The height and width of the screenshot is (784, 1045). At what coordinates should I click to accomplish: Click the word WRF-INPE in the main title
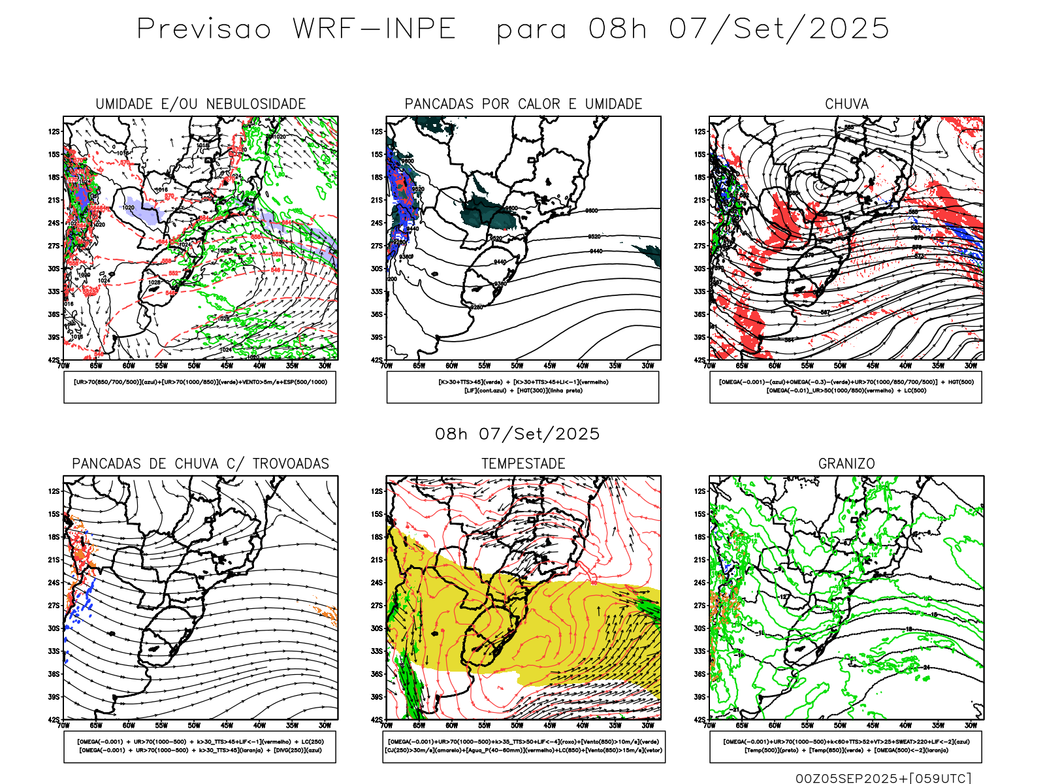374,29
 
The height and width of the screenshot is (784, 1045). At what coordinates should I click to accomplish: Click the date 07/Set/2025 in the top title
779,29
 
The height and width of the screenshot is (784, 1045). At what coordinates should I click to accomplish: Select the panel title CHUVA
846,104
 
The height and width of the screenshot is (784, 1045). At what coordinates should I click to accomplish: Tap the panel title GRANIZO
846,464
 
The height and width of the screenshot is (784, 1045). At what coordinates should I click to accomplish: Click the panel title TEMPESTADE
523,464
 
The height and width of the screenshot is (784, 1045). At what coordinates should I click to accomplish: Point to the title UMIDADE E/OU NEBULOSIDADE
201,104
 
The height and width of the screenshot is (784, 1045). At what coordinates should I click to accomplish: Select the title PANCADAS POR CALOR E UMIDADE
523,104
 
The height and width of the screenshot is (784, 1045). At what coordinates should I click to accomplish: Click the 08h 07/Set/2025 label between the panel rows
517,434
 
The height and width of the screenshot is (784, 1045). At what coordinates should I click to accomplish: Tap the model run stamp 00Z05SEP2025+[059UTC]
883,777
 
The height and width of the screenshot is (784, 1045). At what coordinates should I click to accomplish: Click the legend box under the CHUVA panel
846,387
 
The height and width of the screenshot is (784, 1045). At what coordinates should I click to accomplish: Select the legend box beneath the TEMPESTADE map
523,746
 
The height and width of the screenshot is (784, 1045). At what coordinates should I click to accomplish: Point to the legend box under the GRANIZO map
846,746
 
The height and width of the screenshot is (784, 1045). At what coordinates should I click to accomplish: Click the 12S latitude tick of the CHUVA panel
700,132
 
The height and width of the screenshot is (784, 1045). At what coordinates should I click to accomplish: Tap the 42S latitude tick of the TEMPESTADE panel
377,720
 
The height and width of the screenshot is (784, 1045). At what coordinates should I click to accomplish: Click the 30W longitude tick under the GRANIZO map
971,725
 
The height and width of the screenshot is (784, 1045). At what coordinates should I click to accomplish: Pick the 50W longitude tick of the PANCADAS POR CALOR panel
517,366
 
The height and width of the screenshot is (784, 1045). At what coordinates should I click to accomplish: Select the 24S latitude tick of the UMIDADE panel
54,223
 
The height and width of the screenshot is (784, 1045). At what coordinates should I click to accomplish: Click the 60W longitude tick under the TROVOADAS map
129,725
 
